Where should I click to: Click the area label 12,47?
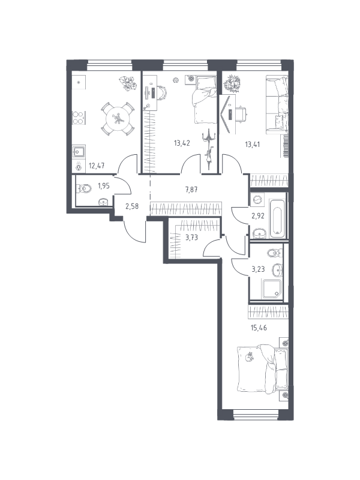pyautogui.click(x=97, y=166)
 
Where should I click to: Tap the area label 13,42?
pyautogui.click(x=182, y=143)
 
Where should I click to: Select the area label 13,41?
pyautogui.click(x=252, y=144)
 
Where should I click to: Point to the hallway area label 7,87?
pyautogui.click(x=191, y=190)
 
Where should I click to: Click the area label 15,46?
pyautogui.click(x=259, y=328)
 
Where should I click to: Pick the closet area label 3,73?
pyautogui.click(x=191, y=237)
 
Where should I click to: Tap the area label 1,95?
pyautogui.click(x=103, y=185)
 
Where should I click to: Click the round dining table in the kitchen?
pyautogui.click(x=118, y=119)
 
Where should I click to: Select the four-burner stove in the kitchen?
pyautogui.click(x=79, y=118)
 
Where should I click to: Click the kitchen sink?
pyautogui.click(x=79, y=151)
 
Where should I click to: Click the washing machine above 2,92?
pyautogui.click(x=257, y=200)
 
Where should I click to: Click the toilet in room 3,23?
pyautogui.click(x=275, y=253)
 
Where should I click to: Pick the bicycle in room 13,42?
pyautogui.click(x=209, y=149)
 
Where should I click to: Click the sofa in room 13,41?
pyautogui.click(x=277, y=104)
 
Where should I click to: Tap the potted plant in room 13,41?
pyautogui.click(x=232, y=83)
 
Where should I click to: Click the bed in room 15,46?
pyautogui.click(x=263, y=369)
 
